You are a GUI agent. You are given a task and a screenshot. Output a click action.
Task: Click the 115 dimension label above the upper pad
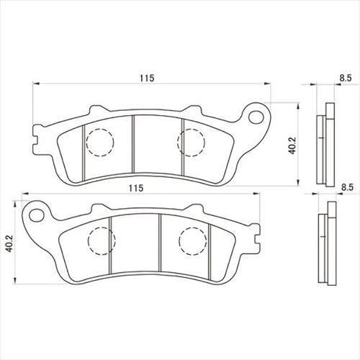(147, 78)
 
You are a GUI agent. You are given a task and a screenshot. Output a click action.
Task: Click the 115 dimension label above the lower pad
(136, 188)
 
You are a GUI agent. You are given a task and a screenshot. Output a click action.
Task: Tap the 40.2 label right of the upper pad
(292, 145)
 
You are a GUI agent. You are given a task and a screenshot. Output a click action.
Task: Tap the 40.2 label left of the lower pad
(9, 243)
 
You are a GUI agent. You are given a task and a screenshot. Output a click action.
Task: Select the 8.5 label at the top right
(346, 78)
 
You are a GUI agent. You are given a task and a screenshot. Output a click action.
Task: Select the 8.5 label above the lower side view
(348, 187)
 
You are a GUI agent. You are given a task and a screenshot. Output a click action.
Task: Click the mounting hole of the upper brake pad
(256, 117)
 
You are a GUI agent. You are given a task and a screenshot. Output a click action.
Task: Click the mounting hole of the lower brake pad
(36, 215)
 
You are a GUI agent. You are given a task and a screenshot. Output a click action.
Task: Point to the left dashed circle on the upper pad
(100, 143)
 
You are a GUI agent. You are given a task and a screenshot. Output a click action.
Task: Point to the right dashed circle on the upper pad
(191, 143)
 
